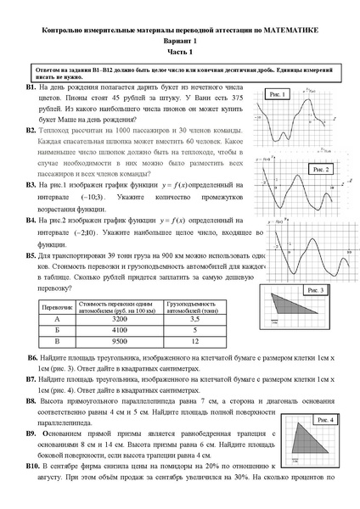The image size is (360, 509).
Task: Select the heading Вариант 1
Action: [x=179, y=42]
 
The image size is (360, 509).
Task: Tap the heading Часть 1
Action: [x=179, y=53]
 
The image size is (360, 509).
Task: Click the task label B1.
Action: [x=31, y=87]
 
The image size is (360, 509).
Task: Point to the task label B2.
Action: [x=31, y=133]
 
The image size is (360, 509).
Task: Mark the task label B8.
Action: [x=31, y=398]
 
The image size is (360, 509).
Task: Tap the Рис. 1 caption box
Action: [x=277, y=93]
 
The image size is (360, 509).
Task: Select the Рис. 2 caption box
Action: [x=322, y=169]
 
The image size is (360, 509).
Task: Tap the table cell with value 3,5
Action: [x=194, y=318]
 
